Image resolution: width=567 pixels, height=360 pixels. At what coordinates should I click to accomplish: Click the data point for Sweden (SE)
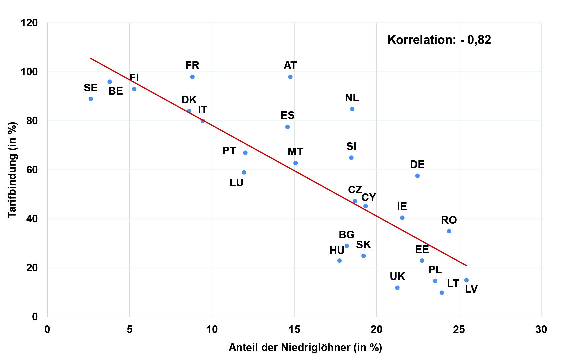click(91, 99)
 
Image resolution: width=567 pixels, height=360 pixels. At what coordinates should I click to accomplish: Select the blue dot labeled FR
click(192, 77)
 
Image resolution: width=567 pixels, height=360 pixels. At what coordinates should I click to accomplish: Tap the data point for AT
click(290, 77)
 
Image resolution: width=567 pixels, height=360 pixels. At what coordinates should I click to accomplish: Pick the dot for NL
click(352, 109)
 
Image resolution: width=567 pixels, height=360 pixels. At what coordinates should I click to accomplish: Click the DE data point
click(417, 176)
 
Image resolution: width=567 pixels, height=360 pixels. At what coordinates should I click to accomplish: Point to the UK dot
click(397, 288)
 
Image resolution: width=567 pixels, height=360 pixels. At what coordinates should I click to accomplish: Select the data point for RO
click(449, 231)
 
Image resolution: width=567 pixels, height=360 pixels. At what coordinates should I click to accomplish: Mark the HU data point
click(339, 260)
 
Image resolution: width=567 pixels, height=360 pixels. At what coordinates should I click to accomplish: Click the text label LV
click(471, 289)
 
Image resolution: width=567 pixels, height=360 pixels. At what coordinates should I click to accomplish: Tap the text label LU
click(236, 183)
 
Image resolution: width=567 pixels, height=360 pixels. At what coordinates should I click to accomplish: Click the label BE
click(116, 91)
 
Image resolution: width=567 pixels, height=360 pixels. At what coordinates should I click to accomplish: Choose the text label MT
click(295, 152)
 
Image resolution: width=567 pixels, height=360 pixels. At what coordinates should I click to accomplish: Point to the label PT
click(229, 151)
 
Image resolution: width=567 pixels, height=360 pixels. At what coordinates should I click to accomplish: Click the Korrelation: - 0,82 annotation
click(439, 40)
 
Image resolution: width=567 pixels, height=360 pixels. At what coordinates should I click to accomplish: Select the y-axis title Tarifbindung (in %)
click(12, 170)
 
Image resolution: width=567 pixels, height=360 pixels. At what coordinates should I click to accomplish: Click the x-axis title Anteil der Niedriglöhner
click(305, 347)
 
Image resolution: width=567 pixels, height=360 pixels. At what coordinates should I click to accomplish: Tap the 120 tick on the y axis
click(29, 23)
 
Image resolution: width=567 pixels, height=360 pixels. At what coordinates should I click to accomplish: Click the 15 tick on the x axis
click(294, 329)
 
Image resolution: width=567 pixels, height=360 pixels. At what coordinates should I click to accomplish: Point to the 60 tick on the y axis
click(32, 170)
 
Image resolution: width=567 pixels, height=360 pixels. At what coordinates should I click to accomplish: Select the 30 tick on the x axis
click(541, 329)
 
